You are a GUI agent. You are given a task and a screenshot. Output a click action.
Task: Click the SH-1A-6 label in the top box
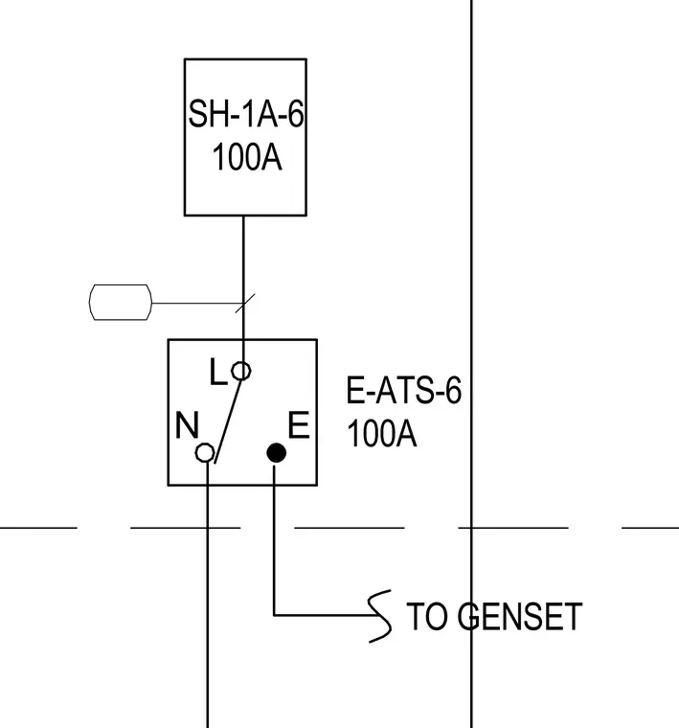coord(246,114)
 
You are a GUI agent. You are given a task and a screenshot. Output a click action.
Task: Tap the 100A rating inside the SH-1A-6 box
coord(247,157)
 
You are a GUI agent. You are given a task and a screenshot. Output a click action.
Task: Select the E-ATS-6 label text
coord(404,391)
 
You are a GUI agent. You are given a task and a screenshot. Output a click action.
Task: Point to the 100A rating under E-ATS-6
coord(381,434)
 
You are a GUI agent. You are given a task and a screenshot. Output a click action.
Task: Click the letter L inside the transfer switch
coord(218,372)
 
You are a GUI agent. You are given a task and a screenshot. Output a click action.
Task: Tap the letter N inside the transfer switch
coord(187,424)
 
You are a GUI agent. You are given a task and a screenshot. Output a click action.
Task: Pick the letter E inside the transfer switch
coord(299,424)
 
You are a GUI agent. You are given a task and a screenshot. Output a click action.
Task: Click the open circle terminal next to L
coord(241,372)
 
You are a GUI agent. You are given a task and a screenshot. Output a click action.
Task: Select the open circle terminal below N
coord(205,453)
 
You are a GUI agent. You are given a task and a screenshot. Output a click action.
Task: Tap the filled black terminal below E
coord(277,453)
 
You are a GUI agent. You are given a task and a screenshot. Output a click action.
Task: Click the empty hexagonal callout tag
coord(121,303)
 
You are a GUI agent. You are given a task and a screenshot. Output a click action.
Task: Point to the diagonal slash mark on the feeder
coord(245,304)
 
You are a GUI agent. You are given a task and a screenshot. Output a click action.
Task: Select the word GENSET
coord(520,617)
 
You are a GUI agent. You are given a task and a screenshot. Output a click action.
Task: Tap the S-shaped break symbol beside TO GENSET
coord(379,617)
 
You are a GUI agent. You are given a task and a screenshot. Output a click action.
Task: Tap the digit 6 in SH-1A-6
coord(296,114)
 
